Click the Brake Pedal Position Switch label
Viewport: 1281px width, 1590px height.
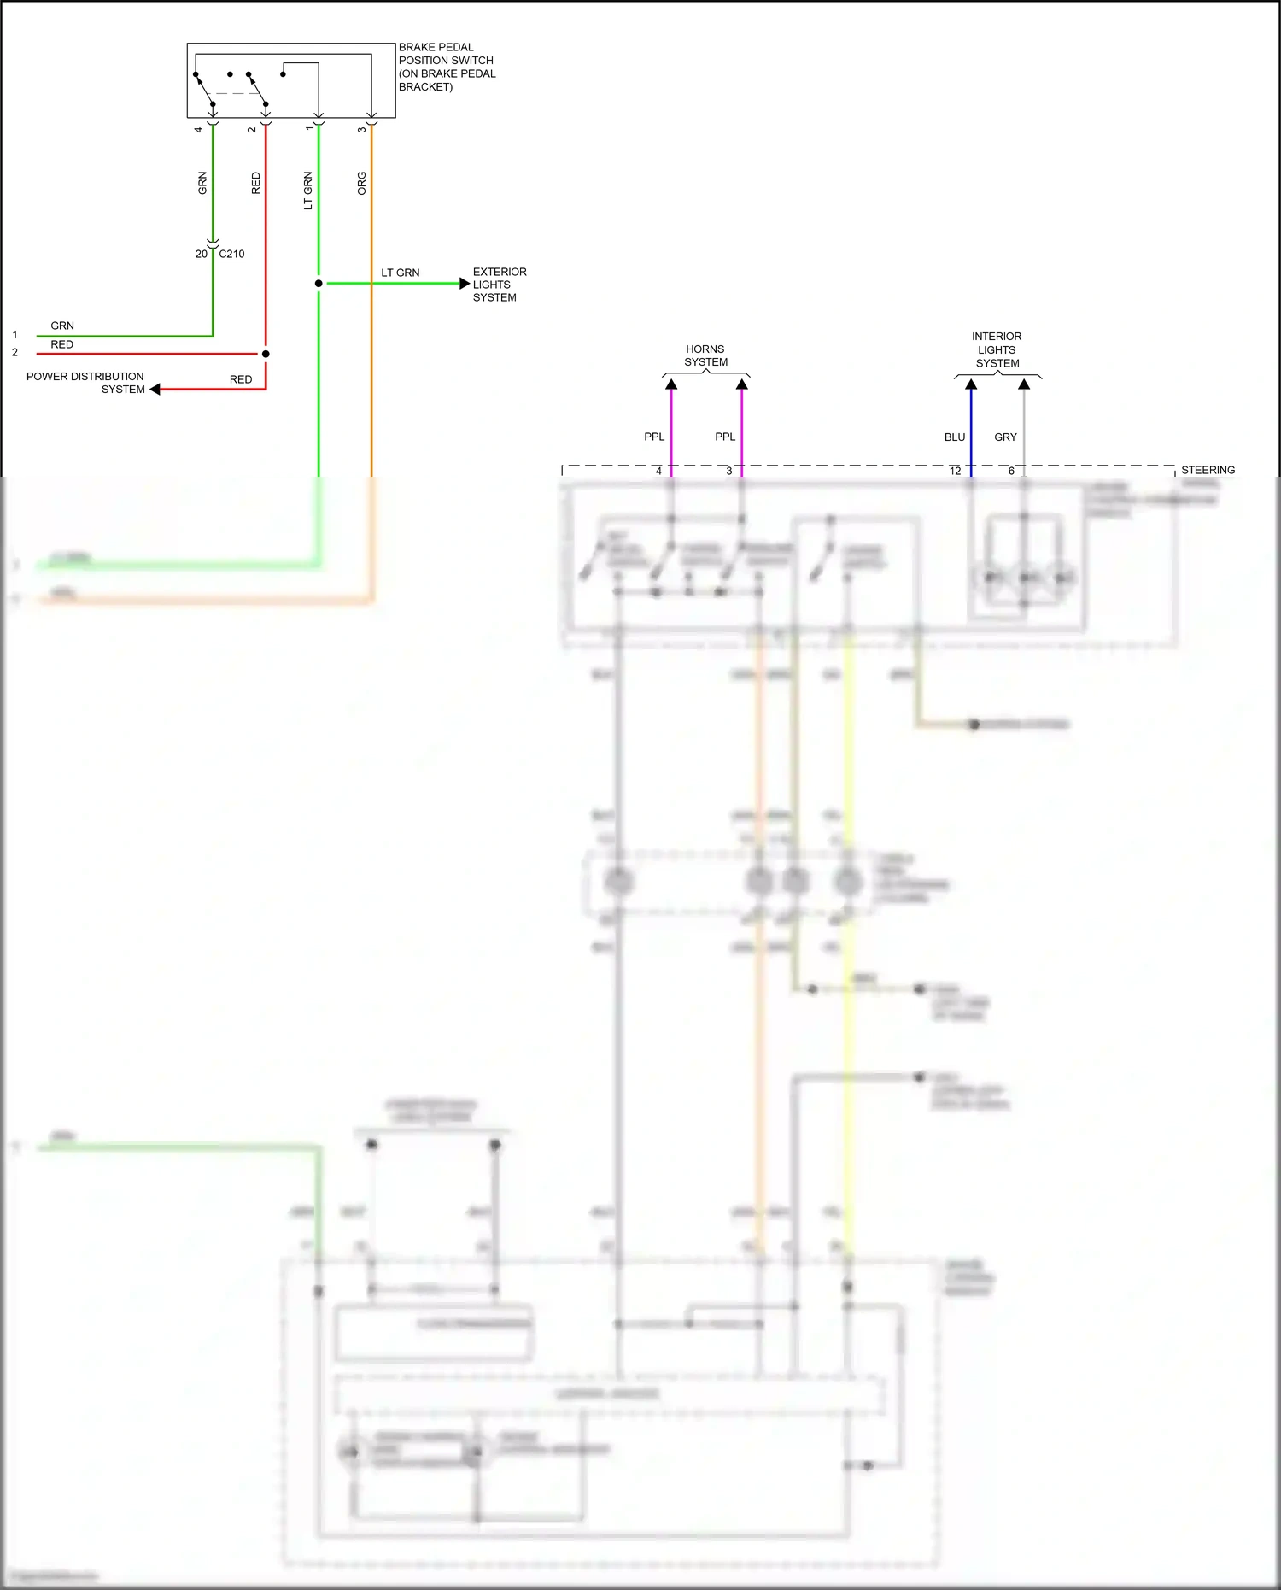coord(446,67)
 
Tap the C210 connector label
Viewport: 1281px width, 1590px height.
coord(231,254)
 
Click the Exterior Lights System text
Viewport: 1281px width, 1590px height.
coord(499,285)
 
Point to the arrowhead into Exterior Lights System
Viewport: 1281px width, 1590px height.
coord(465,283)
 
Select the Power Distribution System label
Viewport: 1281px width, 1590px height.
coord(85,382)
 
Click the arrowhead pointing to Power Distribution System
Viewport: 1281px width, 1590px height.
coord(155,390)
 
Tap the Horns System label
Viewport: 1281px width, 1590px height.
coord(705,355)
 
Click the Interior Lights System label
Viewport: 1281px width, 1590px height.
coord(997,349)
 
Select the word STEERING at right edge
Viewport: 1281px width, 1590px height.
coord(1208,470)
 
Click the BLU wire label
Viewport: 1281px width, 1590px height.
coord(954,437)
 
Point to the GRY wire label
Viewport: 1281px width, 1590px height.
coord(1005,437)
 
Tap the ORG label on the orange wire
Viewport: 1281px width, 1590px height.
coord(361,183)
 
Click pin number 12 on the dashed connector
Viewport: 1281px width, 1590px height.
coord(955,471)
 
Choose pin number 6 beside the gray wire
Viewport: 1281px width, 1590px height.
coord(1011,471)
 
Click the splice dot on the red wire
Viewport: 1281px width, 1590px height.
coord(266,354)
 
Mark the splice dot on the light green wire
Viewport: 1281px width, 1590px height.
coord(319,283)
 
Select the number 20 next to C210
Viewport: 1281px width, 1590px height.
coord(201,254)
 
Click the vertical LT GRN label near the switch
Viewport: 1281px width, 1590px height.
coord(308,191)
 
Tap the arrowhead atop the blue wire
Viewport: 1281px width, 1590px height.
coord(971,384)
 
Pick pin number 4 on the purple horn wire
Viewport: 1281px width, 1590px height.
coord(658,471)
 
